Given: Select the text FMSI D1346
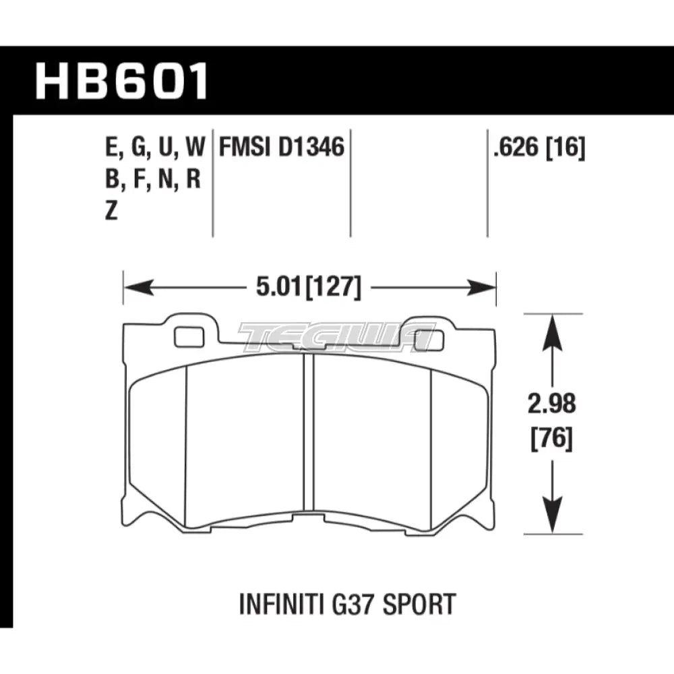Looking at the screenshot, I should pyautogui.click(x=282, y=147).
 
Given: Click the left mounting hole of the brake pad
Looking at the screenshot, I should pyautogui.click(x=184, y=335).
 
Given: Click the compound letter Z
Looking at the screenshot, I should pyautogui.click(x=111, y=212).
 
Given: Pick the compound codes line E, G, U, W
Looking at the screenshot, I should pyautogui.click(x=154, y=147).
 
